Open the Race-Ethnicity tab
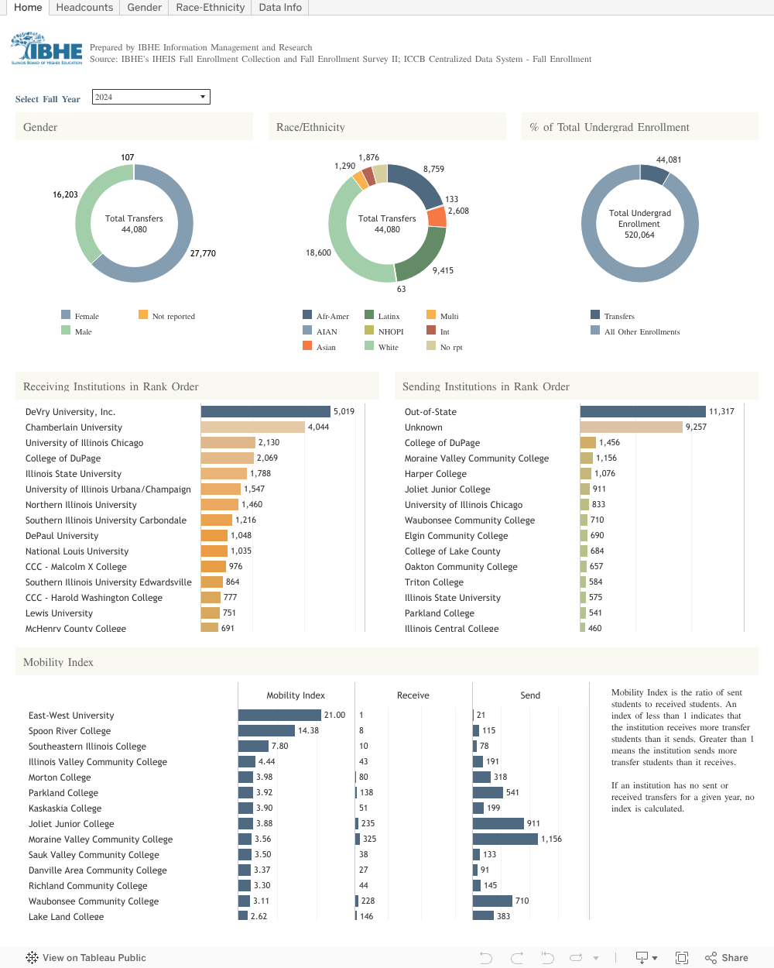point(210,8)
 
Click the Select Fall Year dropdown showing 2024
point(151,97)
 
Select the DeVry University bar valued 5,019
point(265,412)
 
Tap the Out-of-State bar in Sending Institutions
point(642,412)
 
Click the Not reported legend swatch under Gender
point(143,314)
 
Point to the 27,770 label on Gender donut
point(203,253)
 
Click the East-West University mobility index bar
point(279,716)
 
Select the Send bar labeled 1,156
point(505,839)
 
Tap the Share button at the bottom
point(727,958)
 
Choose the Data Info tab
point(280,8)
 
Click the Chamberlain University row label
point(74,427)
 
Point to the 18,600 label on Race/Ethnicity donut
point(318,252)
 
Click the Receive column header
point(413,695)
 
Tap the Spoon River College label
point(70,731)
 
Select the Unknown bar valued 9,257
point(631,427)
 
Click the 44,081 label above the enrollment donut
point(669,160)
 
